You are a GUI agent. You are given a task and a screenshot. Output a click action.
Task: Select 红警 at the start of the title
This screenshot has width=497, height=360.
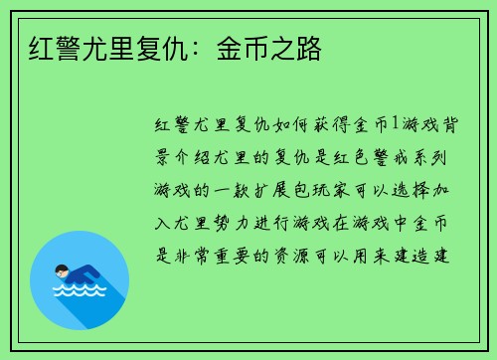50,48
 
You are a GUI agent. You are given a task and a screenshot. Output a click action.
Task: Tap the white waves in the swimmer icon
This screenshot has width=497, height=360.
80,291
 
